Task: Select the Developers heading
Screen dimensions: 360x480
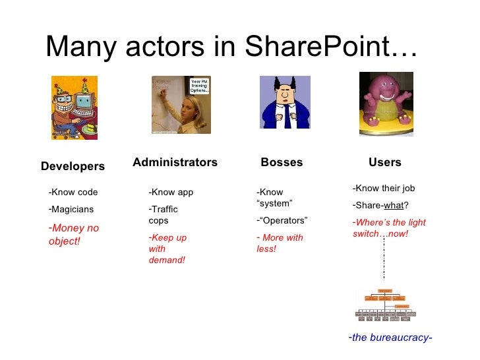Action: [x=73, y=167]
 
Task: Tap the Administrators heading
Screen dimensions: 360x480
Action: [x=175, y=162]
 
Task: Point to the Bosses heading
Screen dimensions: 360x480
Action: [x=282, y=162]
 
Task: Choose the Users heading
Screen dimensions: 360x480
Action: [x=385, y=162]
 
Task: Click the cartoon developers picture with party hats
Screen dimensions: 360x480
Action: [x=75, y=107]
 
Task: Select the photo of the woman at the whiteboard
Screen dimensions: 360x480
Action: [x=181, y=104]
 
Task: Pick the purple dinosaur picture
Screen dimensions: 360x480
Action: [x=386, y=104]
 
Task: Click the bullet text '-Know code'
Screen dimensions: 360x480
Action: [x=73, y=193]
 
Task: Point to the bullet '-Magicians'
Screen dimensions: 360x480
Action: [x=71, y=210]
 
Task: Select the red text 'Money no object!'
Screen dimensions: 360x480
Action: [x=73, y=235]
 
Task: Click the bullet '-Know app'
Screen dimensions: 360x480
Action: [x=171, y=193]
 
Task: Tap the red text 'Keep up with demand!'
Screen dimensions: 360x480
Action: [x=167, y=249]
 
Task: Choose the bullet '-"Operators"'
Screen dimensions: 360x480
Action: [x=282, y=220]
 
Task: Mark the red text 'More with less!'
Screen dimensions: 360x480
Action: [x=280, y=243]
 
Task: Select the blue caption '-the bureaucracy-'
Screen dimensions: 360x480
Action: [x=390, y=338]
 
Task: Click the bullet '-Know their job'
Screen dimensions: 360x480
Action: [x=384, y=188]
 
